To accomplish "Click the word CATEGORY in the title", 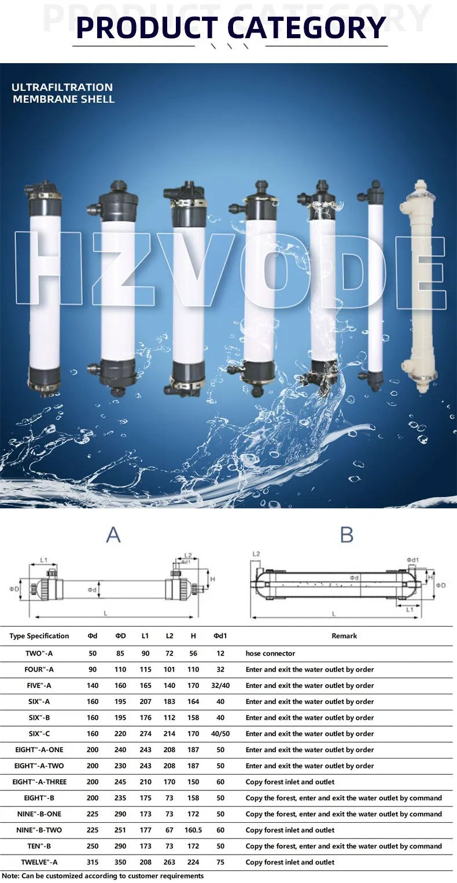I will (x=306, y=27).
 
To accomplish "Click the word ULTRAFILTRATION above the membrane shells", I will (x=62, y=87).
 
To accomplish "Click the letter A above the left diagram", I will (x=113, y=534).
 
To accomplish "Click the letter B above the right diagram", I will (x=347, y=534).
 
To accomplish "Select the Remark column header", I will (x=344, y=636).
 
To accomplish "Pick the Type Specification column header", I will (x=39, y=636).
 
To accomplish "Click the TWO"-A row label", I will (x=39, y=653).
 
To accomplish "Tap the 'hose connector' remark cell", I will (x=270, y=653).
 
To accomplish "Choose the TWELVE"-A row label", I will (x=39, y=862).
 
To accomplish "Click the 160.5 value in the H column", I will (x=193, y=830).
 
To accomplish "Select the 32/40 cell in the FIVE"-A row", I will (x=220, y=686).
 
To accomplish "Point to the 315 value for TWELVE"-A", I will (x=93, y=862).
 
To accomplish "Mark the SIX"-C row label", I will (x=39, y=734).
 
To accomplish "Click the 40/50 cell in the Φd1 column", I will (x=220, y=734).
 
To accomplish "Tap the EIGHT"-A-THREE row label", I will (x=39, y=782).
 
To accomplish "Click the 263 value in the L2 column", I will (x=169, y=862).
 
